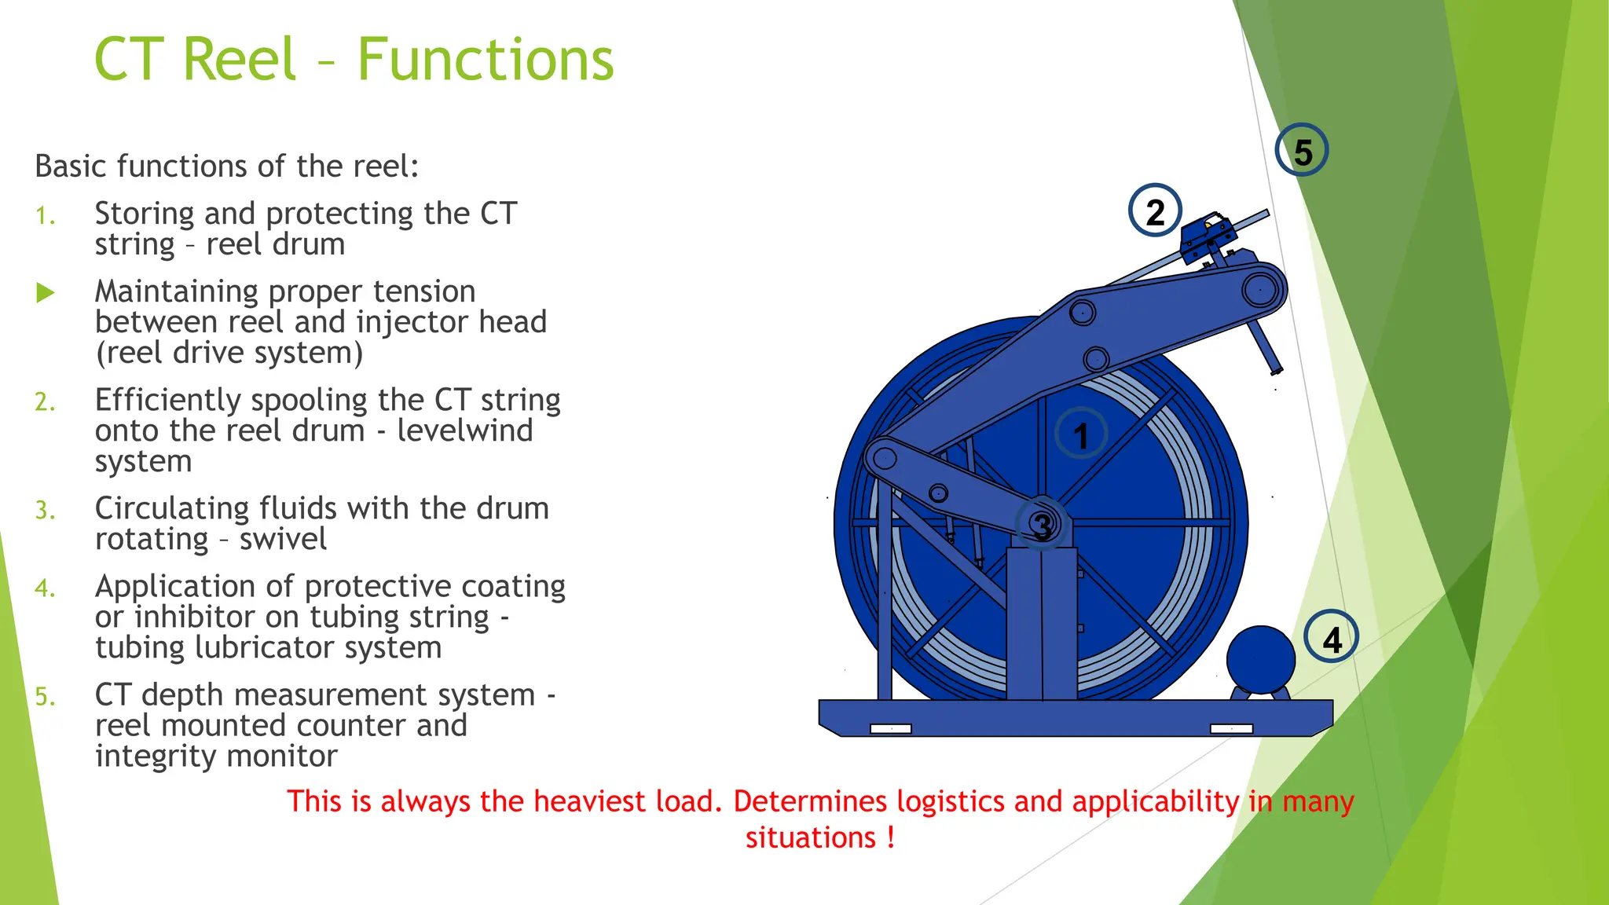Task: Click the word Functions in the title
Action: click(x=486, y=60)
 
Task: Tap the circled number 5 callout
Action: click(x=1302, y=151)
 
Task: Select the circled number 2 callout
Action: click(x=1155, y=211)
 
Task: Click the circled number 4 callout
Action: click(x=1332, y=638)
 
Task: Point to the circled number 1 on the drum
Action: click(x=1081, y=435)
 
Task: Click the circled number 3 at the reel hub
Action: click(x=1042, y=526)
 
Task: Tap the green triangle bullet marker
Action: click(x=46, y=293)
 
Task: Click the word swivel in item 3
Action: click(x=283, y=539)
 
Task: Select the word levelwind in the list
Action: click(x=464, y=431)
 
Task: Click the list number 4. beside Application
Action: click(x=45, y=588)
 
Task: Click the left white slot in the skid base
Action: click(x=890, y=729)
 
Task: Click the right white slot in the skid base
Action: click(x=1231, y=729)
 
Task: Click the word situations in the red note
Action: click(x=810, y=837)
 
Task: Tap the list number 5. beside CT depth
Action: click(x=45, y=697)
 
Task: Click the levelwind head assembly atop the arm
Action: click(x=1208, y=234)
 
